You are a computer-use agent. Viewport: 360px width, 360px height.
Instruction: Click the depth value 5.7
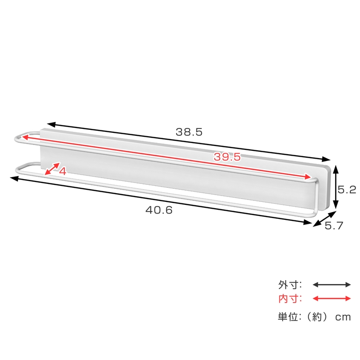(334, 226)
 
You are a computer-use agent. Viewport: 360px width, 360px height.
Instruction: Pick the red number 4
(63, 171)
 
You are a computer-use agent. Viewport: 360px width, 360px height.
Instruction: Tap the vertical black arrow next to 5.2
(335, 187)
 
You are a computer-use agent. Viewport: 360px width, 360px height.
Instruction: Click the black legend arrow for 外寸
(331, 285)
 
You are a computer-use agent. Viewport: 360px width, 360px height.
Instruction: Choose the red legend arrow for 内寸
(331, 299)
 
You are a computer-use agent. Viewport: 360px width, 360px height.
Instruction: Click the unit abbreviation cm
(342, 317)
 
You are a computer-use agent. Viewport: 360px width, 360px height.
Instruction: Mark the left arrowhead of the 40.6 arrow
(13, 178)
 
